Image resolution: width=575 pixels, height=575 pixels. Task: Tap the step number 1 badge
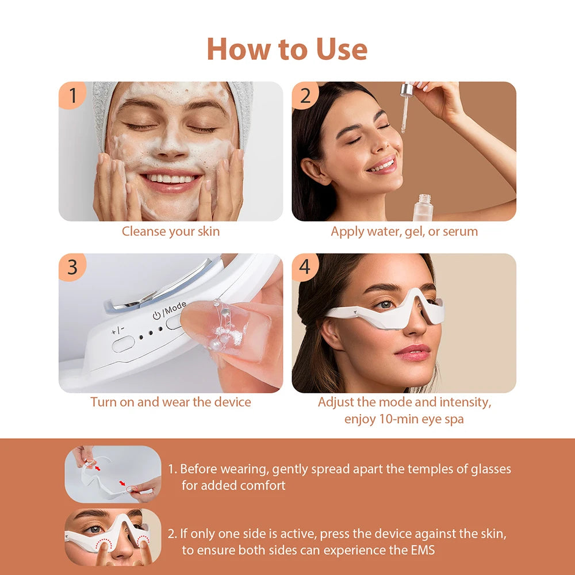72,95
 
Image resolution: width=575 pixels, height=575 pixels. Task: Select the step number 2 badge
305,95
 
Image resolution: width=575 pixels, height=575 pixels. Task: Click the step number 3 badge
72,267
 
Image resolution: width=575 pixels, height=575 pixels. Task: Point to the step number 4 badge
305,267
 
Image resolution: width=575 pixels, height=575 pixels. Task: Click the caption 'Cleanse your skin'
170,232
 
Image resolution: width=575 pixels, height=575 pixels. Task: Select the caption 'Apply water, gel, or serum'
404,232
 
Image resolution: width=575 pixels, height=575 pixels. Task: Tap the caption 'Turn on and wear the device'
170,402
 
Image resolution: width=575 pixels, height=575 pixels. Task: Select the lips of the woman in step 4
412,351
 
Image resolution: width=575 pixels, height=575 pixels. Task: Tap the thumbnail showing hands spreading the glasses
113,474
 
